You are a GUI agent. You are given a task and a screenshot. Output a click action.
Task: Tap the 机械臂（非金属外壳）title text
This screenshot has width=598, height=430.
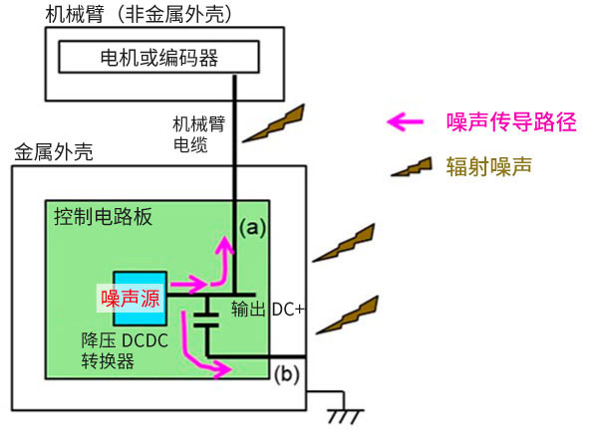140,14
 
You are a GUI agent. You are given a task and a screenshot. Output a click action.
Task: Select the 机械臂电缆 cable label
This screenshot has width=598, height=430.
197,134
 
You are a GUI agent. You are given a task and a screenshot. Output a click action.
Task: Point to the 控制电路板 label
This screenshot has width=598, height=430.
103,217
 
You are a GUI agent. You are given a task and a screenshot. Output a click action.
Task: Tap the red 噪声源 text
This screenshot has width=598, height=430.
131,297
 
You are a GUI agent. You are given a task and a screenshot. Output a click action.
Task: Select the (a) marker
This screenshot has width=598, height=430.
254,227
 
